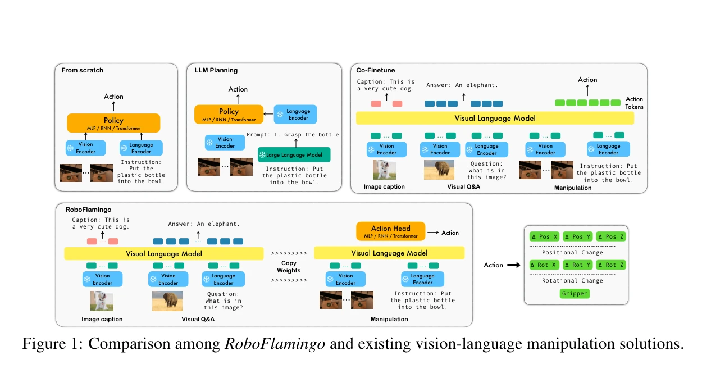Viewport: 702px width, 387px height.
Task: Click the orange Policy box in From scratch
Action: pyautogui.click(x=113, y=123)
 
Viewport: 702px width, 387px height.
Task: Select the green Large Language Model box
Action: pyautogui.click(x=294, y=155)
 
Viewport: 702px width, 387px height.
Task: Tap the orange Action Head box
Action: pyautogui.click(x=390, y=231)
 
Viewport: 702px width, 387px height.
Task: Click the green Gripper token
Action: pyautogui.click(x=575, y=294)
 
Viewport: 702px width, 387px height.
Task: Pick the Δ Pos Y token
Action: pyautogui.click(x=577, y=236)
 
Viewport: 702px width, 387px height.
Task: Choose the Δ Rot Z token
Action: pyautogui.click(x=611, y=265)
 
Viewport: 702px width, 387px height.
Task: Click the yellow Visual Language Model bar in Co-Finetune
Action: pyautogui.click(x=495, y=118)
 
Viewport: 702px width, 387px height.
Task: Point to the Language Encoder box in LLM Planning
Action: pyautogui.click(x=295, y=115)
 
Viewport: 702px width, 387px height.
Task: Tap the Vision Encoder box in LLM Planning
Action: pyautogui.click(x=225, y=143)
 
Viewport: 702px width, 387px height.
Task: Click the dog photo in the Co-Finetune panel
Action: pyautogui.click(x=384, y=170)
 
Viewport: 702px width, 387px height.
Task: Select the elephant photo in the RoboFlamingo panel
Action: pyautogui.click(x=167, y=301)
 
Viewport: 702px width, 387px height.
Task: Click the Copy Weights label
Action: pyautogui.click(x=289, y=267)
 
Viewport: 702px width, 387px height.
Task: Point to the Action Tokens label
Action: pyautogui.click(x=634, y=103)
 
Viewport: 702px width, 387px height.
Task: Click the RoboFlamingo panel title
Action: pyautogui.click(x=88, y=210)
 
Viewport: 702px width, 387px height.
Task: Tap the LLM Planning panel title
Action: pyautogui.click(x=216, y=70)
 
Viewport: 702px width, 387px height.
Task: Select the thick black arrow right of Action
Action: pyautogui.click(x=514, y=265)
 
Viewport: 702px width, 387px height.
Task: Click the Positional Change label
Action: pyautogui.click(x=572, y=253)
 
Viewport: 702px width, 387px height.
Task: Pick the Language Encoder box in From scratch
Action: pyautogui.click(x=141, y=148)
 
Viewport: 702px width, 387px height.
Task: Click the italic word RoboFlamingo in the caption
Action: pyautogui.click(x=275, y=344)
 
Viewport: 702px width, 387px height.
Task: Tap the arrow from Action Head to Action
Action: pyautogui.click(x=433, y=233)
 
